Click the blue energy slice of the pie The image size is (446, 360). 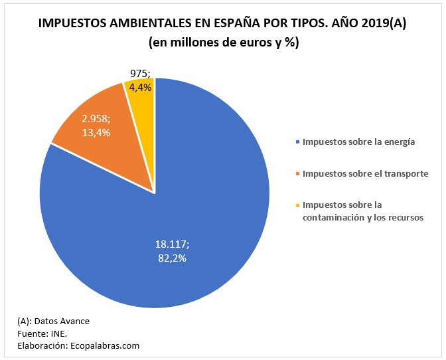point(199,199)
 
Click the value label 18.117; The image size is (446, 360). point(167,244)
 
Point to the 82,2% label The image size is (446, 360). point(167,258)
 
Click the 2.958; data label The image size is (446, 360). point(96,120)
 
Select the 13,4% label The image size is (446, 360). point(96,132)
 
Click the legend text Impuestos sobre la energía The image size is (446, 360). point(358,141)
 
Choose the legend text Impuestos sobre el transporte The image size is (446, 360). point(365,174)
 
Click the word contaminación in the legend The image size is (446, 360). point(335,217)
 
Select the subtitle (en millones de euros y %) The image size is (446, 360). point(223,44)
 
